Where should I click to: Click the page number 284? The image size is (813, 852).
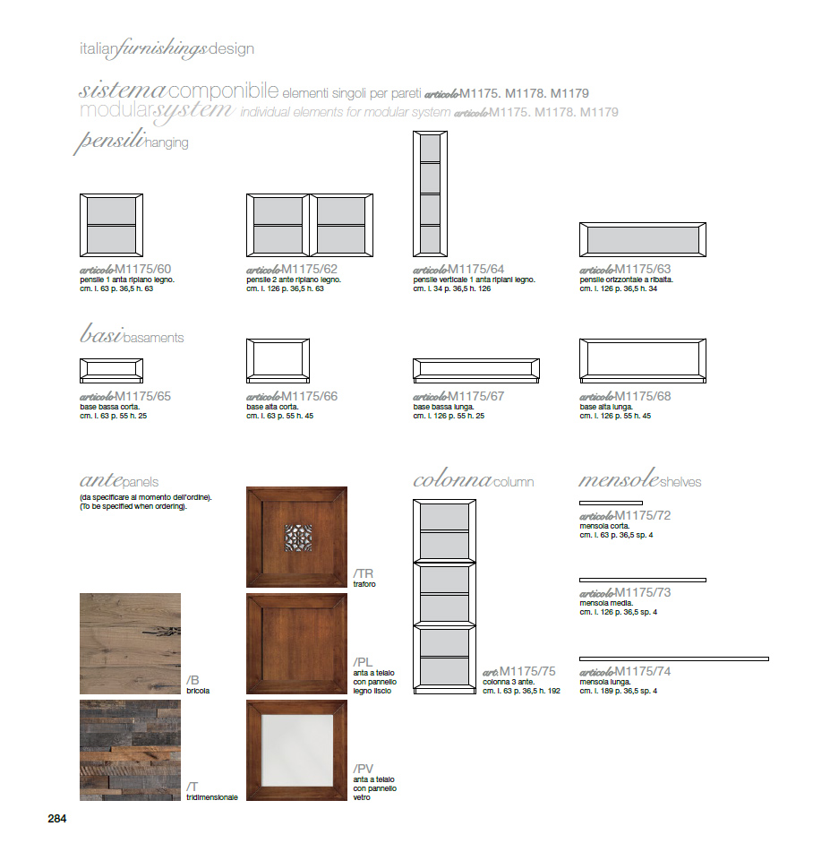57,818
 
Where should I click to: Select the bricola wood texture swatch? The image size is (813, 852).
130,643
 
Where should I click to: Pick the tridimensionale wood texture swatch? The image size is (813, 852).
130,750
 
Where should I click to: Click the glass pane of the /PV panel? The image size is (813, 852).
296,750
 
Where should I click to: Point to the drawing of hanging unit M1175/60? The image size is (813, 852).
111,225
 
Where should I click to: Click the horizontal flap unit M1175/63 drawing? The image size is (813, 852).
642,240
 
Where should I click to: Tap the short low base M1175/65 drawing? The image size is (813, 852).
111,370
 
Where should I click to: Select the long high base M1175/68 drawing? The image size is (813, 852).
642,361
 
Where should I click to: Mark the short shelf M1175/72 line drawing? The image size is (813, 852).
611,503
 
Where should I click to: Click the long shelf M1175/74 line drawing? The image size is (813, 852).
673,658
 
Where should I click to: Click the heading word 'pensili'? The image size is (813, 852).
109,142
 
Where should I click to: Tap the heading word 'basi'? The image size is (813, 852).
99,336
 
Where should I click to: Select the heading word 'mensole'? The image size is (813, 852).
619,480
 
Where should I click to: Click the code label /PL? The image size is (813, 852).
364,661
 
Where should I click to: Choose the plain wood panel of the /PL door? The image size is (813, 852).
296,643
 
